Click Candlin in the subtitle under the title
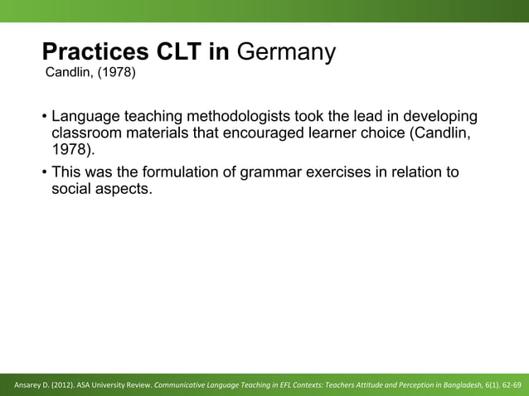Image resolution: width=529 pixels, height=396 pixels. pos(69,77)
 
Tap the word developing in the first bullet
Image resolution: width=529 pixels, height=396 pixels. pos(438,117)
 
